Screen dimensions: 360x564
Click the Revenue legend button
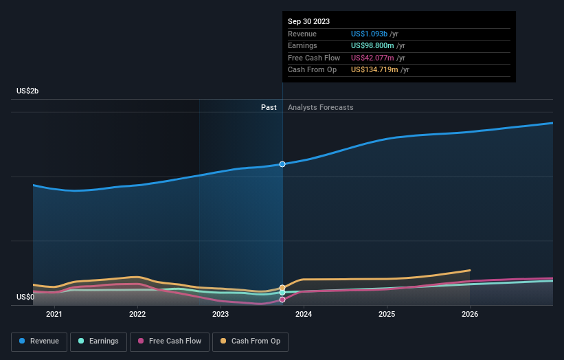(39, 341)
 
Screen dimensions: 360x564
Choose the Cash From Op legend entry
(250, 341)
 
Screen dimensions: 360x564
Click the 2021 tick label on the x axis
(54, 315)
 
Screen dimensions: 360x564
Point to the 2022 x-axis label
(137, 315)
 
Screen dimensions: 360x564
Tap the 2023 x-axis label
(221, 315)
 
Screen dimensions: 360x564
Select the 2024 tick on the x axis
(304, 315)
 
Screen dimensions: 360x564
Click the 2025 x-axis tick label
(387, 315)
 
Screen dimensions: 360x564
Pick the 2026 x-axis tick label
(470, 315)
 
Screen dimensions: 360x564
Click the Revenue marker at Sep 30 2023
(282, 164)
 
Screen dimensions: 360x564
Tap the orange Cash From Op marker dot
(282, 288)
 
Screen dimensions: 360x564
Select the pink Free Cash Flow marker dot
(282, 300)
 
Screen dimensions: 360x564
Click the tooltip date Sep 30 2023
(308, 21)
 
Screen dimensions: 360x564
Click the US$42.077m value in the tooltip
(372, 58)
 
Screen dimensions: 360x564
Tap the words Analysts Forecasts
(321, 107)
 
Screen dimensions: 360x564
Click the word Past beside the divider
(269, 107)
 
